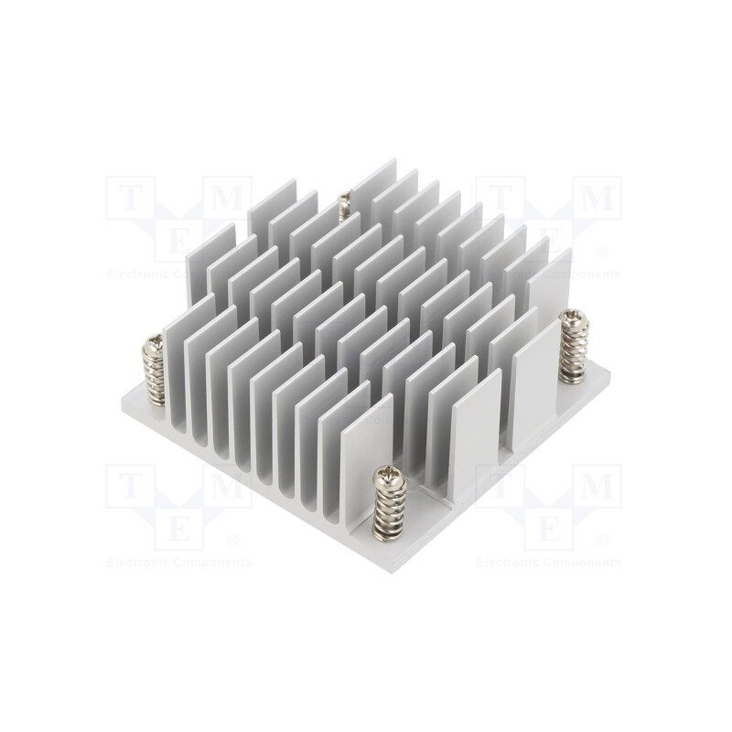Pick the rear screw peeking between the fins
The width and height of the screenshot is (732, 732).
coord(345,203)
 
